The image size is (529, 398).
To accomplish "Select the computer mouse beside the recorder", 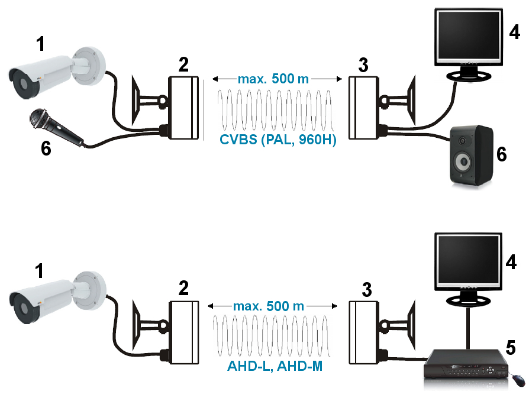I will coord(518,378).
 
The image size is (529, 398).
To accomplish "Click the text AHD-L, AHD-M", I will coord(275,366).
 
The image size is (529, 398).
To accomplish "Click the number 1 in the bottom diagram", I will coord(39,271).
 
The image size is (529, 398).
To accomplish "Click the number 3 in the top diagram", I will coord(364,64).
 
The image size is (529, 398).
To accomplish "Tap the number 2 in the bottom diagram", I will coord(183,288).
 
